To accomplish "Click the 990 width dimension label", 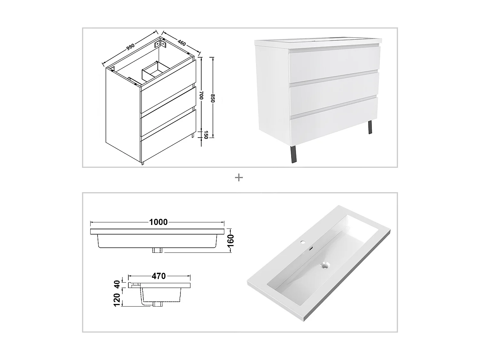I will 130,47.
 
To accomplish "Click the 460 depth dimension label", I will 181,43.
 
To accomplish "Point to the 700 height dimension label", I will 201,95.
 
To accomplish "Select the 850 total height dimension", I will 212,98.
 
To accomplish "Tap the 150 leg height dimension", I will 206,135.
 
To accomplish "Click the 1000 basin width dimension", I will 158,222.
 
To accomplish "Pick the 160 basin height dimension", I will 231,240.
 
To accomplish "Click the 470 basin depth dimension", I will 159,276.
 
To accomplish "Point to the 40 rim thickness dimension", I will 117,284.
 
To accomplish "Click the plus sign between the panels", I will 239,178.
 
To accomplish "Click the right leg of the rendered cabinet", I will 371,127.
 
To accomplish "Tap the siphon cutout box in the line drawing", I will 154,70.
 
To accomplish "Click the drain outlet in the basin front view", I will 157,250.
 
